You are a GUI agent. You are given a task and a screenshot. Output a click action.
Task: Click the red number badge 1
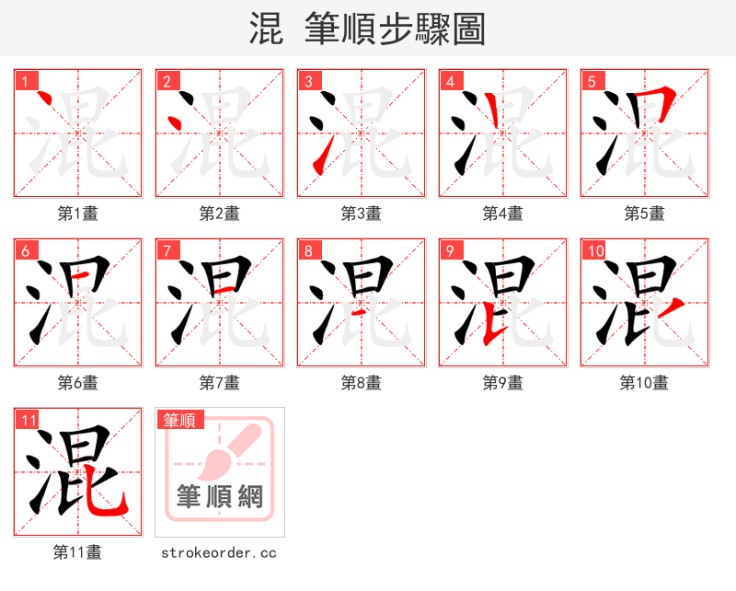pyautogui.click(x=25, y=81)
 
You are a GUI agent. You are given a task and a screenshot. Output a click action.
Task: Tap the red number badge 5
pyautogui.click(x=592, y=81)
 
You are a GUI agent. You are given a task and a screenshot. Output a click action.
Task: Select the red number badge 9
pyautogui.click(x=450, y=250)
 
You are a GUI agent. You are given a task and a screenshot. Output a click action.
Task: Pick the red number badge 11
pyautogui.click(x=28, y=420)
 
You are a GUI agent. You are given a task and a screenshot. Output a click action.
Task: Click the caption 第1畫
pyautogui.click(x=78, y=213)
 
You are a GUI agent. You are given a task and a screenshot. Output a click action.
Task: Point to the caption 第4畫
pyautogui.click(x=503, y=213)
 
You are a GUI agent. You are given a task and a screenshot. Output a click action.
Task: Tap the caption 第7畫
pyautogui.click(x=220, y=382)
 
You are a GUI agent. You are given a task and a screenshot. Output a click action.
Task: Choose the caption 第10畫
pyautogui.click(x=644, y=382)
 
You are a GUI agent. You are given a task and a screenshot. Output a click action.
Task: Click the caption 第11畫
pyautogui.click(x=78, y=552)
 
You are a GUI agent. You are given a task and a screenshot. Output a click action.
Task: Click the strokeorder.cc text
pyautogui.click(x=219, y=552)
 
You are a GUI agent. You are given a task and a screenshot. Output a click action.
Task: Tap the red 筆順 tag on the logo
pyautogui.click(x=179, y=420)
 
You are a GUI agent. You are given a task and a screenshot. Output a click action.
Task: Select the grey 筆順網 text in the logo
pyautogui.click(x=220, y=498)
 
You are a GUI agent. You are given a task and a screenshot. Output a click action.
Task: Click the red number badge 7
pyautogui.click(x=167, y=250)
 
